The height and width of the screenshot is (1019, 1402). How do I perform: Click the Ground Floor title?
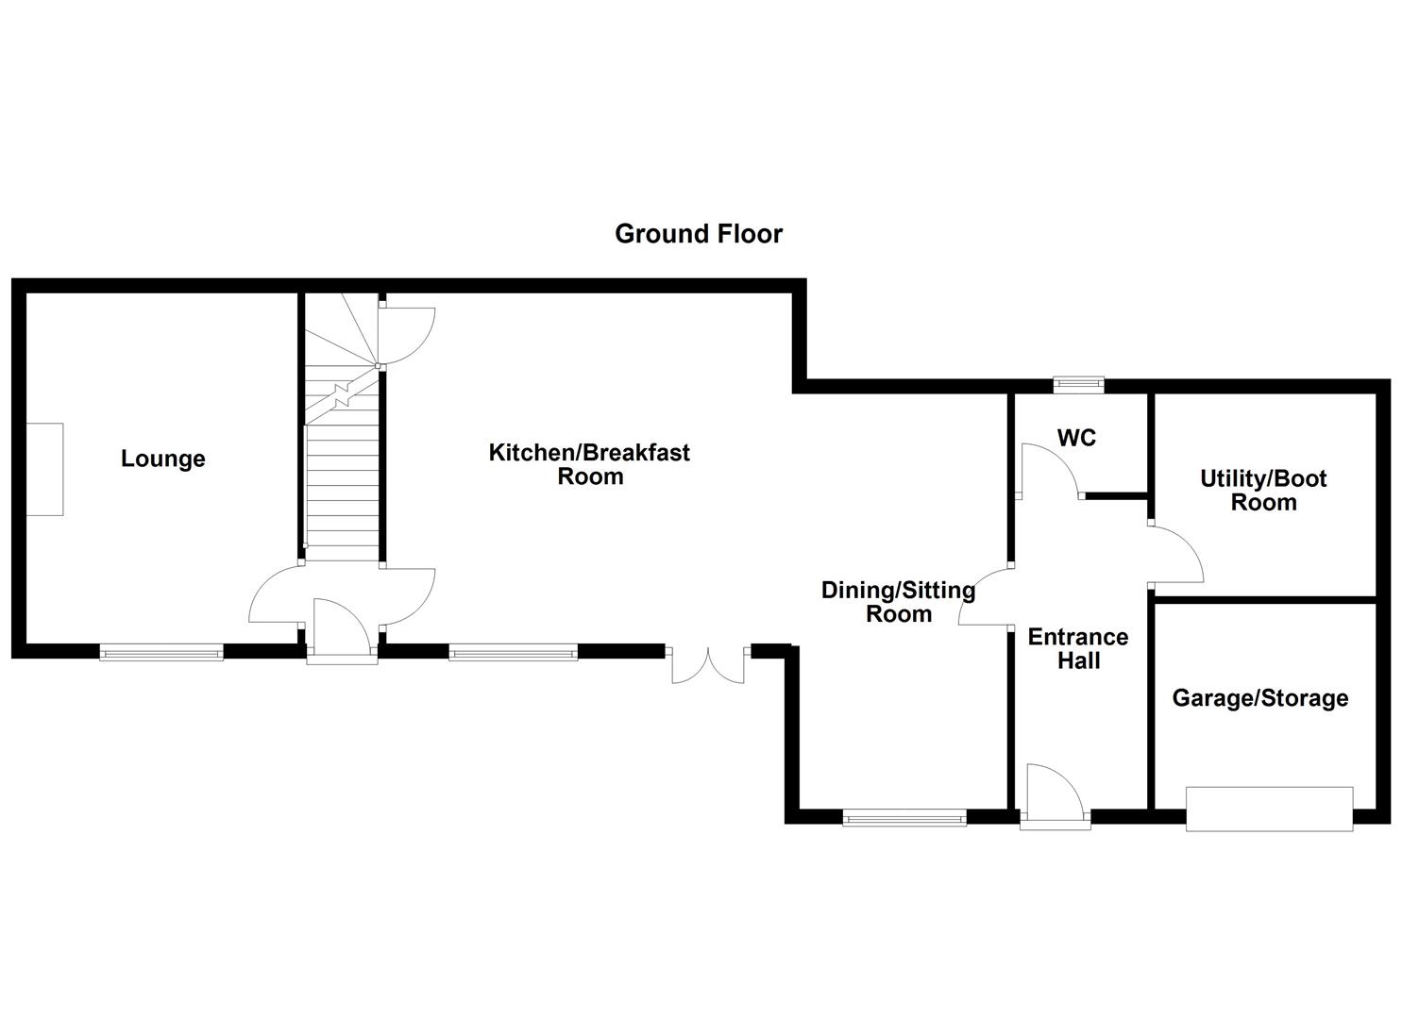tap(699, 233)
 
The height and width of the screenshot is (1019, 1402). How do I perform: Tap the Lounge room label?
tap(162, 459)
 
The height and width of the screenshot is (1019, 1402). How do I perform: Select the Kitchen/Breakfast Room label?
tap(589, 464)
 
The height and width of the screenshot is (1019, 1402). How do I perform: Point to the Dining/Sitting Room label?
tap(898, 602)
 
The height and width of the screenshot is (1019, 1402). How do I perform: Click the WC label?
tap(1076, 438)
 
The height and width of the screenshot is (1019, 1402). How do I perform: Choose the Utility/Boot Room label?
tap(1263, 491)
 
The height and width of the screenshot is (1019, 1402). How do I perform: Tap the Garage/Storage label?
tap(1259, 698)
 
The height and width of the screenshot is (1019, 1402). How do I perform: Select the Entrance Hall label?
tap(1078, 649)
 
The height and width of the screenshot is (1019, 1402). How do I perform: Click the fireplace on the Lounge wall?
tap(44, 469)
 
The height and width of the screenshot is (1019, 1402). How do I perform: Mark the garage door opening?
tap(1269, 809)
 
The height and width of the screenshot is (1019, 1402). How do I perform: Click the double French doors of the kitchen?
tap(708, 664)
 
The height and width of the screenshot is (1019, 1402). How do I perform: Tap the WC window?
tap(1079, 384)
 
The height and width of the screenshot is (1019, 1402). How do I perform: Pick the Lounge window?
tap(161, 651)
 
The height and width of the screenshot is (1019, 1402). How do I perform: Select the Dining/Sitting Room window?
tap(904, 817)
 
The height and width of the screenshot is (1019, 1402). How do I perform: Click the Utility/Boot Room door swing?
tap(1175, 557)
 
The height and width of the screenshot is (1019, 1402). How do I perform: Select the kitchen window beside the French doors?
tap(513, 651)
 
